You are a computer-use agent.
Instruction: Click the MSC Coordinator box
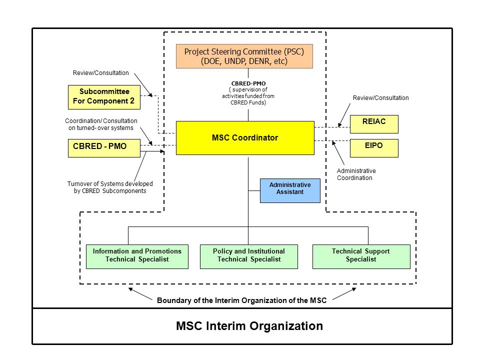[245, 138]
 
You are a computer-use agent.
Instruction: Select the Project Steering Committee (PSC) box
[244, 56]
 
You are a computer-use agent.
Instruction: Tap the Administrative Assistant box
[290, 190]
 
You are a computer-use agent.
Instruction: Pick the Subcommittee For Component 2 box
[104, 97]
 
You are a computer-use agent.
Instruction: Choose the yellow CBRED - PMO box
[104, 148]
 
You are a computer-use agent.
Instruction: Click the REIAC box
[374, 124]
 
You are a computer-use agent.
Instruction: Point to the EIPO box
[374, 148]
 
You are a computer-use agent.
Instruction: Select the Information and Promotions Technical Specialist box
[137, 256]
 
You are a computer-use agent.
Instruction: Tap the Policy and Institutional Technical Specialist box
[249, 256]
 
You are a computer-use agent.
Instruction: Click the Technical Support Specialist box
[361, 256]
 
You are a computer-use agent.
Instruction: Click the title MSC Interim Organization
[249, 326]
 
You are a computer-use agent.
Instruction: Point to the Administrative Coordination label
[356, 174]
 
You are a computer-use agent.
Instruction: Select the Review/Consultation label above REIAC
[381, 98]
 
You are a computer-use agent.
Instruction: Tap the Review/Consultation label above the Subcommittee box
[100, 73]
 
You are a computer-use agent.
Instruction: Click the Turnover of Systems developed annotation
[110, 187]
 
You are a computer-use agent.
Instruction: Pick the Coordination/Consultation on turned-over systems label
[101, 124]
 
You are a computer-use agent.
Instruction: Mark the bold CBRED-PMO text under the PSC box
[248, 83]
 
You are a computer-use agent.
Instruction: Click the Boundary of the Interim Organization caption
[242, 300]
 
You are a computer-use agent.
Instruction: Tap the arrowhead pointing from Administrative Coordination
[333, 143]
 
